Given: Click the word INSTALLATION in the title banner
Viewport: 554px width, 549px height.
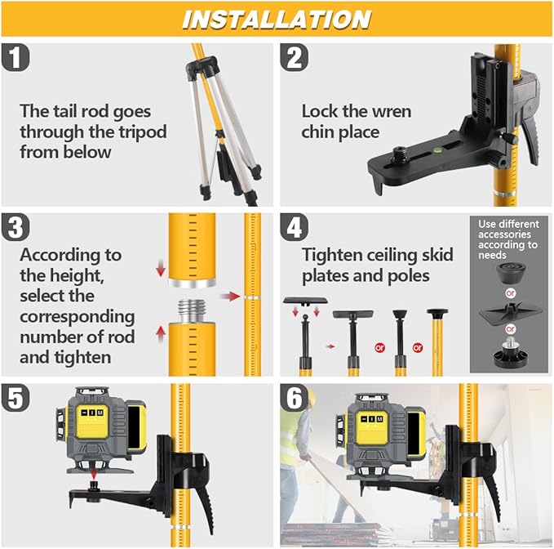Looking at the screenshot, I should [277, 19].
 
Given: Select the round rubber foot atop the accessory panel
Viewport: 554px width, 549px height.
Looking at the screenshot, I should [507, 268].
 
